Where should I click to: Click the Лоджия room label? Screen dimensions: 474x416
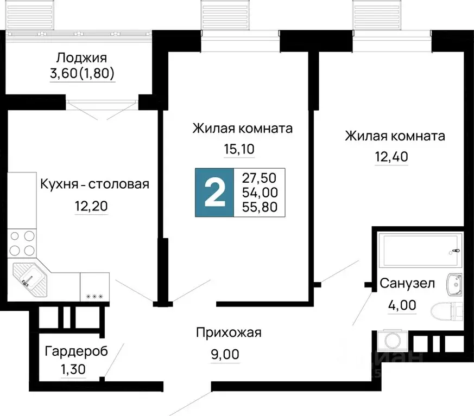pyautogui.click(x=81, y=57)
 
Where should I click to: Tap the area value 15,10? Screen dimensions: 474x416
pyautogui.click(x=239, y=149)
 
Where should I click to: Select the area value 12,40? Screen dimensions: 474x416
pyautogui.click(x=391, y=157)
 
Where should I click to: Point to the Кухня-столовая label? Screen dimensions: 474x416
pyautogui.click(x=94, y=184)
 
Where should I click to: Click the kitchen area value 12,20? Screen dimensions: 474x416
pyautogui.click(x=91, y=206)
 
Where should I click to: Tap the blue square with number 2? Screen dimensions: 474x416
pyautogui.click(x=214, y=193)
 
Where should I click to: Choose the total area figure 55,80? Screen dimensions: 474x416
pyautogui.click(x=260, y=207)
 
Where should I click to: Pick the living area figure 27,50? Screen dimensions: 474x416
pyautogui.click(x=259, y=178)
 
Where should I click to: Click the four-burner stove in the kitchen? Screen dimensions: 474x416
pyautogui.click(x=22, y=244)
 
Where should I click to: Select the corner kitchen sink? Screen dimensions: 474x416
pyautogui.click(x=30, y=280)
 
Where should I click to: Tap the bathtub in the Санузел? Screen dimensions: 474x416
pyautogui.click(x=420, y=250)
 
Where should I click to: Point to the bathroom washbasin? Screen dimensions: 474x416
pyautogui.click(x=454, y=285)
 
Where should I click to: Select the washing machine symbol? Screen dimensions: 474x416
pyautogui.click(x=393, y=341)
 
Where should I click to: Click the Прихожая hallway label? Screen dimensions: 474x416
pyautogui.click(x=229, y=332)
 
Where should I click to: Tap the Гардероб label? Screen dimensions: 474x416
pyautogui.click(x=76, y=351)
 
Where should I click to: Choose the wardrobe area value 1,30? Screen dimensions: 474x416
pyautogui.click(x=73, y=369)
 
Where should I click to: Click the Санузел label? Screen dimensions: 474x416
pyautogui.click(x=407, y=284)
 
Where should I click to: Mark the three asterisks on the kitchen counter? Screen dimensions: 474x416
pyautogui.click(x=94, y=297)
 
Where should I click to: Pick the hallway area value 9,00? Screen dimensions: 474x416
pyautogui.click(x=225, y=354)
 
